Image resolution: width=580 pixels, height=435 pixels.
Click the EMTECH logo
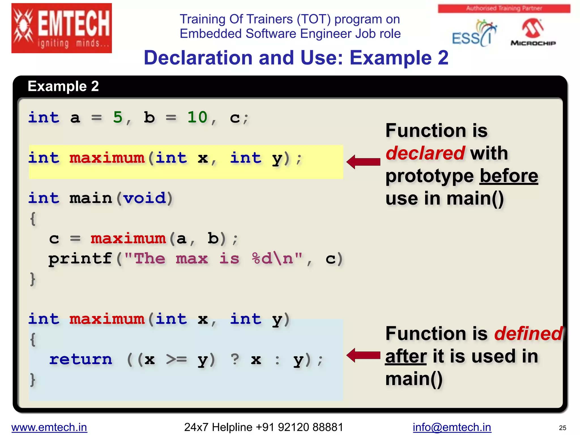point(61,28)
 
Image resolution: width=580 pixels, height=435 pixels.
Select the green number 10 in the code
point(197,117)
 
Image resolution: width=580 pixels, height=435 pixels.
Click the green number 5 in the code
point(118,117)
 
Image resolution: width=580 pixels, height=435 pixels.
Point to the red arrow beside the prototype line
point(363,162)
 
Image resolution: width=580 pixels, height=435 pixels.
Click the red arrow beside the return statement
point(363,355)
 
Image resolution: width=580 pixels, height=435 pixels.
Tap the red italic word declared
point(425,153)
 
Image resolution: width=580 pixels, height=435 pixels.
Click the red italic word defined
point(528,334)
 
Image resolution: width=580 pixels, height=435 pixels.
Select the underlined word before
point(509,176)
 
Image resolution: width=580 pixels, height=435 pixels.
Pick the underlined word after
point(406,356)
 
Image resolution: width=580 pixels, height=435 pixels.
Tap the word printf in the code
point(80,259)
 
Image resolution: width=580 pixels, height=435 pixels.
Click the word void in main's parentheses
point(144,198)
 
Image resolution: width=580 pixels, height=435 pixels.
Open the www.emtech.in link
point(49,427)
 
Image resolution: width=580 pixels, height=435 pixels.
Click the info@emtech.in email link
point(452,427)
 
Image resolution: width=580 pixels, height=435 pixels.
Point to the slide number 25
point(562,428)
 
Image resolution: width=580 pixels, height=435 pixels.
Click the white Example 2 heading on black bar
point(63,86)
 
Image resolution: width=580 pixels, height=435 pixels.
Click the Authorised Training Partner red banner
point(504,8)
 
